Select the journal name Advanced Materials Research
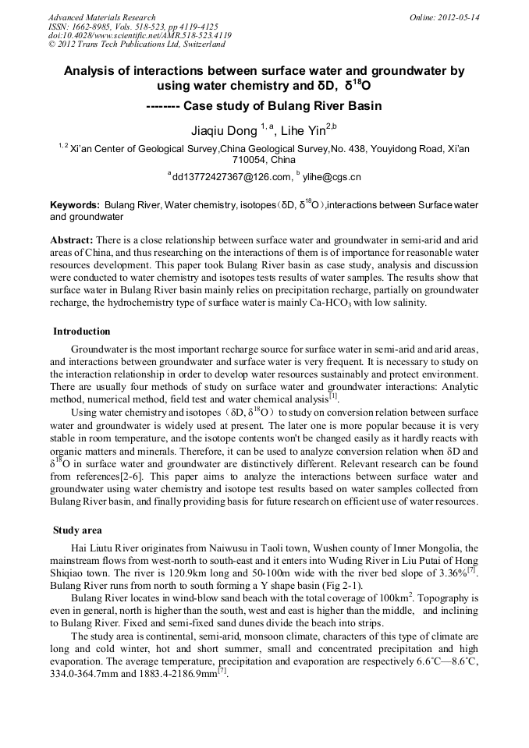(101, 17)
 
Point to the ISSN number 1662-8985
(97, 27)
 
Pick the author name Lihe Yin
(304, 130)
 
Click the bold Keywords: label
(75, 205)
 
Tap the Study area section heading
(79, 530)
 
